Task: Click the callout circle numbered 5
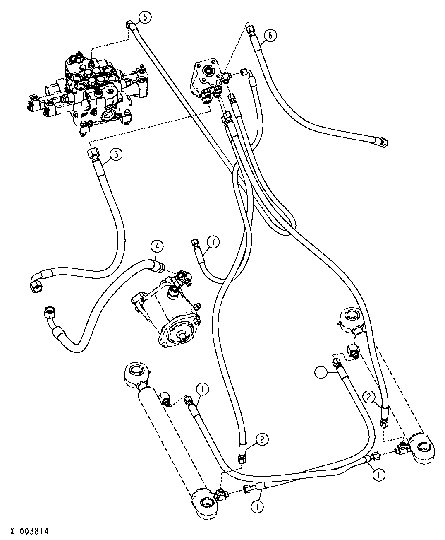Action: pos(145,17)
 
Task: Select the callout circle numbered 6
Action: pos(270,36)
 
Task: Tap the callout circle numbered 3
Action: pos(116,154)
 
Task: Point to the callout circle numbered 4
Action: pos(158,246)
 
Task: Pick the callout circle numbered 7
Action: pos(213,242)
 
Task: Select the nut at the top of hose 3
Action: pos(92,154)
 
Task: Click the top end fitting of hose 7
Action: pos(194,243)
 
